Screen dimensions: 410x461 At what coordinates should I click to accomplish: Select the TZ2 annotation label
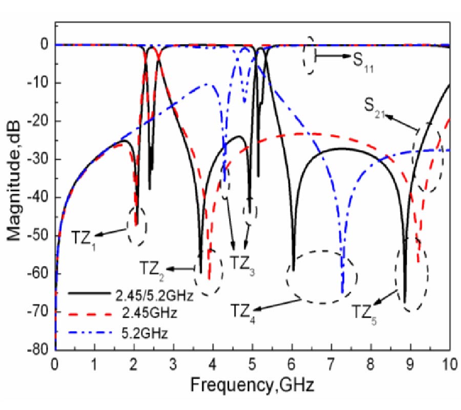(x=152, y=268)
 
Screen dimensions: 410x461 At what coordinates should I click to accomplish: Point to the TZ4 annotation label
(x=242, y=311)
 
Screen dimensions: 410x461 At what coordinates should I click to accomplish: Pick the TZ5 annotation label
(x=364, y=311)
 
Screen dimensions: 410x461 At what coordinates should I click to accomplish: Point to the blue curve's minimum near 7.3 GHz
(x=342, y=292)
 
